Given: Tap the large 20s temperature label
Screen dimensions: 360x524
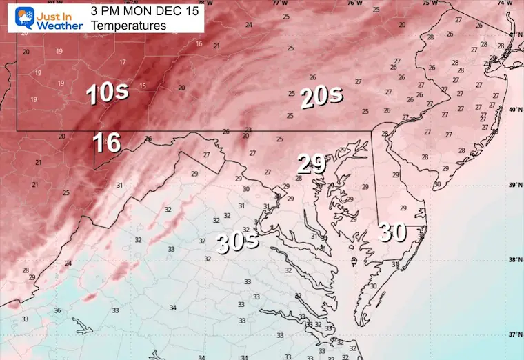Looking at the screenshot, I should pyautogui.click(x=321, y=99).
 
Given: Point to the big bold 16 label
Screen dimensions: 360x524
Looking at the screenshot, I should pyautogui.click(x=107, y=143).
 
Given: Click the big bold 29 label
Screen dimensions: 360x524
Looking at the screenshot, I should pyautogui.click(x=311, y=164).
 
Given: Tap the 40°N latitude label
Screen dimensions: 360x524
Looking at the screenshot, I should pyautogui.click(x=514, y=110).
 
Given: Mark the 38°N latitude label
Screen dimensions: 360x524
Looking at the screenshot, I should pyautogui.click(x=514, y=260).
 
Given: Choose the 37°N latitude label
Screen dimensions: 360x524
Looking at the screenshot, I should pyautogui.click(x=514, y=335).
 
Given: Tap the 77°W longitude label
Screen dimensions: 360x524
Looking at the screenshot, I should pyautogui.click(x=279, y=3).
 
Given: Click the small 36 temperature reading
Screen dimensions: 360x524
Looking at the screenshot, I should pyautogui.click(x=58, y=310).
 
